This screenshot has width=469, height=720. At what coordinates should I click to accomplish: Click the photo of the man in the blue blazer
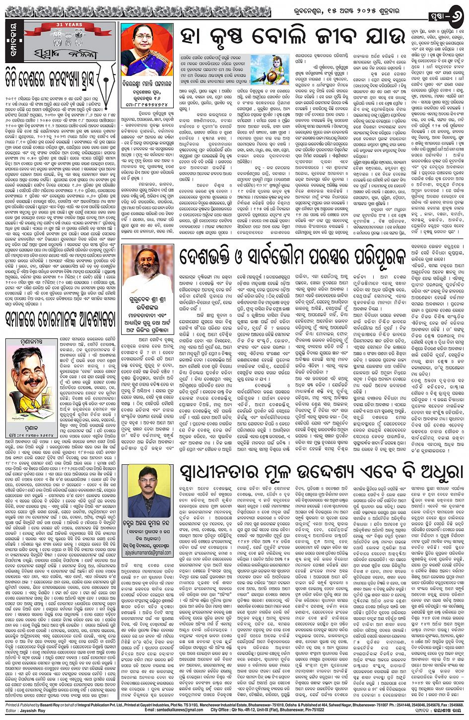click(x=149, y=491)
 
